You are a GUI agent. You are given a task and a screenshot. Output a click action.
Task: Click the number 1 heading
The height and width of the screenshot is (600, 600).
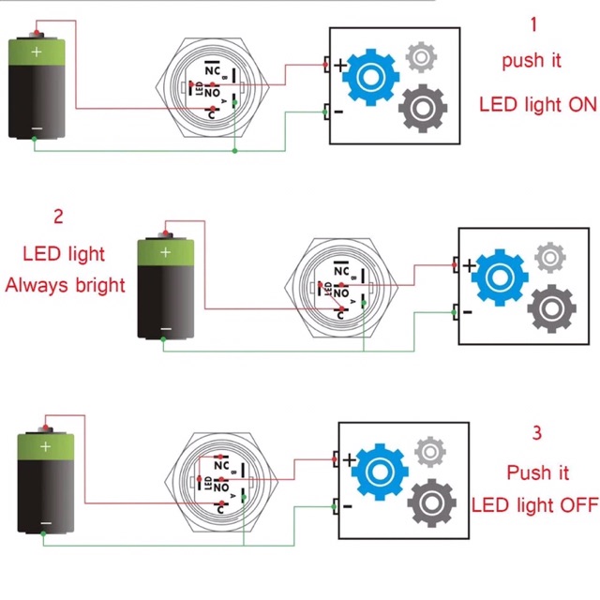[534, 24]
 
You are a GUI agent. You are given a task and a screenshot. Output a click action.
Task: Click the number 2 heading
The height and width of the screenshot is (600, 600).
[58, 217]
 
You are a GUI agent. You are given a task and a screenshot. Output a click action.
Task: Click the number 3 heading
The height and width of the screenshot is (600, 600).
[536, 433]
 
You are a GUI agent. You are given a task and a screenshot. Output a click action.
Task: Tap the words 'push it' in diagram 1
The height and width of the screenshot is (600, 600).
[532, 61]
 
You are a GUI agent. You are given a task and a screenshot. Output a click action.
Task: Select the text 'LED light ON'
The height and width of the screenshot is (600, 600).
[537, 104]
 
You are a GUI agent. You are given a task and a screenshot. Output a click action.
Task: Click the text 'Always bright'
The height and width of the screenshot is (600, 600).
[65, 284]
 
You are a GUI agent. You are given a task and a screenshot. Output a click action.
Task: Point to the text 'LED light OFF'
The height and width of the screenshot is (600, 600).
[534, 505]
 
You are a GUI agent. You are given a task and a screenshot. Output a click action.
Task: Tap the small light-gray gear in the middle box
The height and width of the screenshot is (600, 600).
[548, 255]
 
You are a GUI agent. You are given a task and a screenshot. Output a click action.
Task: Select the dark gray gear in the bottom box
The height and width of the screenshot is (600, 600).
[432, 503]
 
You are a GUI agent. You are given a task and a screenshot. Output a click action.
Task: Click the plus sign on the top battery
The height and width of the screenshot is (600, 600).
[37, 52]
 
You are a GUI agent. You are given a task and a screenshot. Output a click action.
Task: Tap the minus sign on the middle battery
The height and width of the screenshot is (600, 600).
[166, 328]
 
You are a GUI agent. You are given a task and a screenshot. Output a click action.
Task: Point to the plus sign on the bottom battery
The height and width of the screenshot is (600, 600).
[45, 448]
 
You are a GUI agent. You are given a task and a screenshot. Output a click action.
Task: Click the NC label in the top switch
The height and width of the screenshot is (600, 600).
[213, 70]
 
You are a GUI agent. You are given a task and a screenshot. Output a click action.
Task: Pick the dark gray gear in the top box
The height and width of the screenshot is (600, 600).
[423, 110]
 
